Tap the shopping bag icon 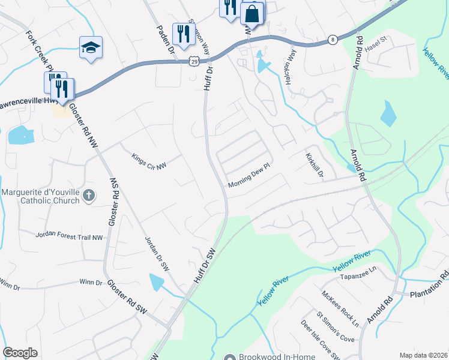[252, 13]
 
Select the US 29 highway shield [193, 61]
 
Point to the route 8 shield [333, 40]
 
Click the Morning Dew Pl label [250, 181]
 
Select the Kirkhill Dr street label [315, 164]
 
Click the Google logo [20, 353]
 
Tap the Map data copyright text [423, 355]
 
